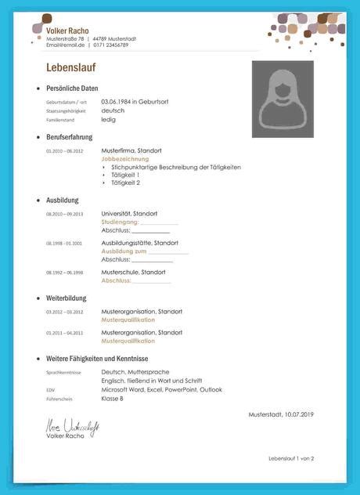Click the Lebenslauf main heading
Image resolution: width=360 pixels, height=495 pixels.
coord(70,67)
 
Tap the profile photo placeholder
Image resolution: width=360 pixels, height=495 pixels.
coord(283,99)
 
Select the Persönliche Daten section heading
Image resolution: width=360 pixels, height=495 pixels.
coord(72,89)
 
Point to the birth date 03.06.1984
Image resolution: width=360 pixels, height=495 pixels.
coord(117,102)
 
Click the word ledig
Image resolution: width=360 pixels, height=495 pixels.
coord(109,120)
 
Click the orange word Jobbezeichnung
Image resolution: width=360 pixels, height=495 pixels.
coord(125,158)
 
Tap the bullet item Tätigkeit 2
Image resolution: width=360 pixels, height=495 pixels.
coord(126,182)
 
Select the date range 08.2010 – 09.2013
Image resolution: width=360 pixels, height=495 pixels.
coord(64,214)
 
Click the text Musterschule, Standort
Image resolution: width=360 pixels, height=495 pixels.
coord(134,272)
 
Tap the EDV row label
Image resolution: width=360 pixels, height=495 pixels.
coord(50,390)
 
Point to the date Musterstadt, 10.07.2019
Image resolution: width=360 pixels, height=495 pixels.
coord(281,414)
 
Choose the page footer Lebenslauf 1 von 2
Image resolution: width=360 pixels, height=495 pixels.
coord(291,458)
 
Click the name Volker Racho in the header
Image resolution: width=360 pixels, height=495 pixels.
coord(67,30)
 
